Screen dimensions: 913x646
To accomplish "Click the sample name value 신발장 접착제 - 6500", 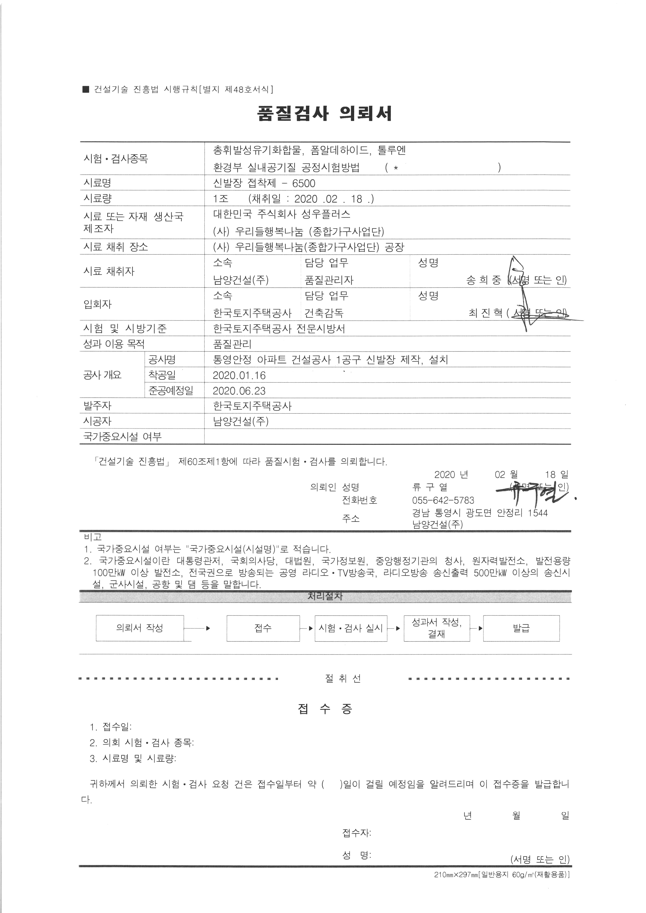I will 264,183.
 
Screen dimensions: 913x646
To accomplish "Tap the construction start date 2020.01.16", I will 239,375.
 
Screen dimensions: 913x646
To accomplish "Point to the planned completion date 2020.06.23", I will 239,391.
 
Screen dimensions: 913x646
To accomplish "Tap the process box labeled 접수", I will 263,628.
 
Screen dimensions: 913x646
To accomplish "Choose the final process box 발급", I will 521,628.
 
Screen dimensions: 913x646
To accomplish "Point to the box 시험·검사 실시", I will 351,628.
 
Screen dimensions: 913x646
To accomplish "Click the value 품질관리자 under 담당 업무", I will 329,280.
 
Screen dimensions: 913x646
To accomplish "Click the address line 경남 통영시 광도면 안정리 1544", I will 480,513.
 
